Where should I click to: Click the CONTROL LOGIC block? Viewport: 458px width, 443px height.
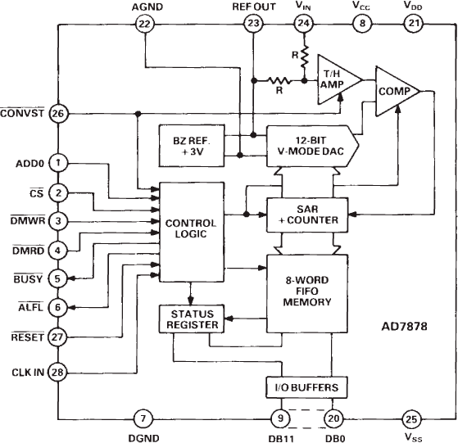coord(191,228)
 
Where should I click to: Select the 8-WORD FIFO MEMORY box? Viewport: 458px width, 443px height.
coord(307,295)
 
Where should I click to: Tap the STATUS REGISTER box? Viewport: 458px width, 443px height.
coord(191,319)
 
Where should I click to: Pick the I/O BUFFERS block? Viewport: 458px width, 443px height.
coord(307,386)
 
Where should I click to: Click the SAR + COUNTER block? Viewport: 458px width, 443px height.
coord(307,214)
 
